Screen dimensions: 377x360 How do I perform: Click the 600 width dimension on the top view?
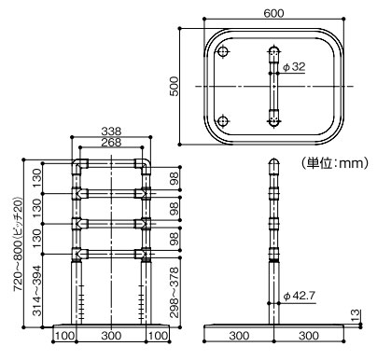(273, 13)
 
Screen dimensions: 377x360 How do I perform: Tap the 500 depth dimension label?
(175, 86)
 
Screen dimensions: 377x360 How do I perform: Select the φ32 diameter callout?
(294, 67)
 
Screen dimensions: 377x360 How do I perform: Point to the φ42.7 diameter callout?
(300, 296)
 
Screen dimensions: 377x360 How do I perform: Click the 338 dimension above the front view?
(111, 132)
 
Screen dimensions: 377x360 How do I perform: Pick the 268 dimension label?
(111, 142)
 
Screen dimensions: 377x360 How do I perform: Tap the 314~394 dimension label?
(36, 290)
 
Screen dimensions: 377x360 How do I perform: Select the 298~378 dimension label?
(175, 292)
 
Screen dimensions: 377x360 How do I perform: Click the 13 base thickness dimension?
(355, 315)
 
